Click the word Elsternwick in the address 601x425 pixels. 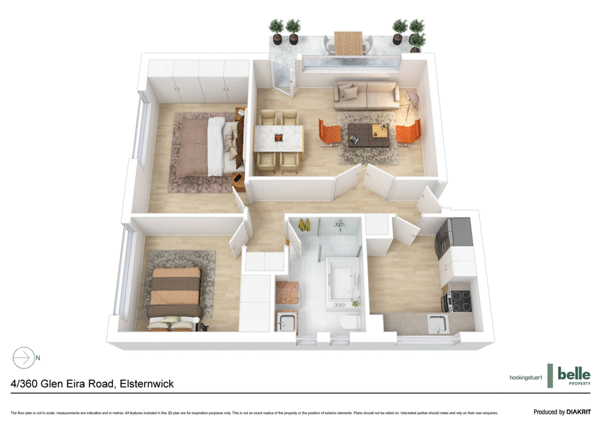(146, 384)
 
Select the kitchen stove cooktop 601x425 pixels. (458, 300)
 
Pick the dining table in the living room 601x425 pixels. (279, 138)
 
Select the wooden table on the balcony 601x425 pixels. (349, 43)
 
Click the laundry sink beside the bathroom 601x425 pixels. (285, 324)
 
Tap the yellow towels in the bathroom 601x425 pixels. (305, 225)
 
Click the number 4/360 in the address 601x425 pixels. (27, 384)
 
